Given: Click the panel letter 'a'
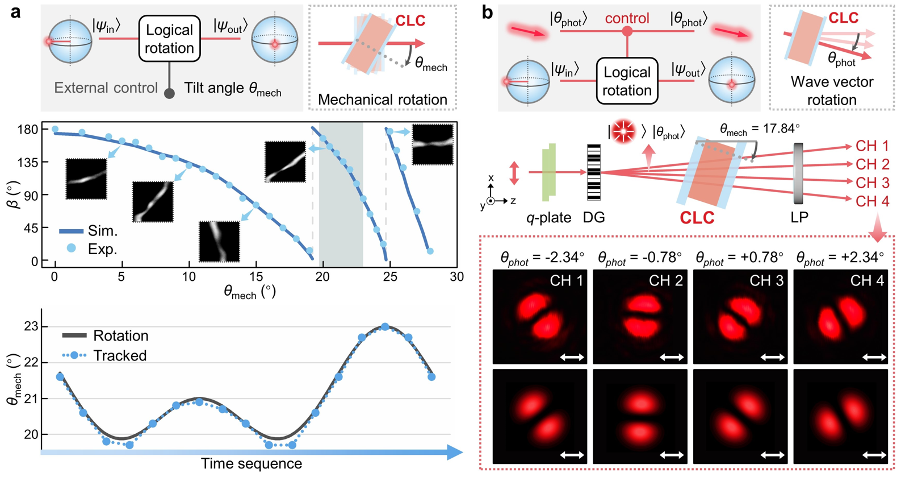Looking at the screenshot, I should click(15, 11).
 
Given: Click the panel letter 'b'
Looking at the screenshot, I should click(487, 11).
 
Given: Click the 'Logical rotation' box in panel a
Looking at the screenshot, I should click(169, 39).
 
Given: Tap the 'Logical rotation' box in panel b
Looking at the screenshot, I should click(627, 81).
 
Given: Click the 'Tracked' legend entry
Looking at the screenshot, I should click(104, 356).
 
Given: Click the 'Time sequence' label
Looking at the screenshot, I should click(251, 464).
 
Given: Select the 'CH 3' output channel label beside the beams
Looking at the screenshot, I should click(872, 183).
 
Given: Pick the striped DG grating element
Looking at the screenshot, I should click(593, 172).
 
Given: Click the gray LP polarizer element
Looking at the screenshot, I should click(798, 173).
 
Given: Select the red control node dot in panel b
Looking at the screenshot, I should click(627, 31).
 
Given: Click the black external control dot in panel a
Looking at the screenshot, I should click(169, 93).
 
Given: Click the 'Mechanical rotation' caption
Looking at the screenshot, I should click(382, 100).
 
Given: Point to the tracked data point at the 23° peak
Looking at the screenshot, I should click(385, 327).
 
